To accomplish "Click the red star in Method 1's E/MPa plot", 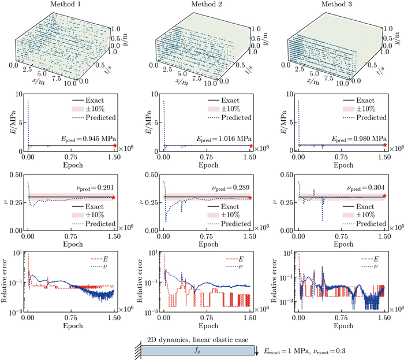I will point(114,146).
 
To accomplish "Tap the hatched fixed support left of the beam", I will point(137,349).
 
